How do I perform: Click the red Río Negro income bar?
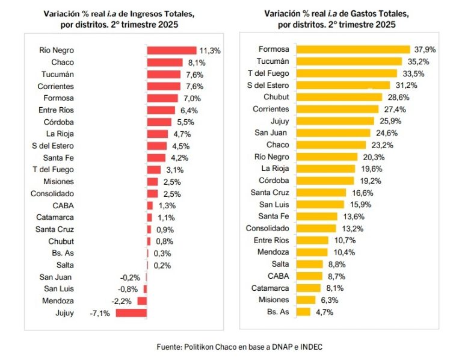[172, 51]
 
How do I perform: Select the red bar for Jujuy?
[131, 312]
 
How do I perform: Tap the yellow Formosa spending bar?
[354, 49]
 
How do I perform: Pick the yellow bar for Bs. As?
[304, 312]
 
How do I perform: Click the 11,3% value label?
[210, 51]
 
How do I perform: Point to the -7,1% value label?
[100, 312]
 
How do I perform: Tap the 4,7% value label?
[324, 312]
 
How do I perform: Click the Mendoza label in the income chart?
[58, 300]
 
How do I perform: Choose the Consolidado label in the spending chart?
[268, 228]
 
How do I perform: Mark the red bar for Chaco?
[165, 62]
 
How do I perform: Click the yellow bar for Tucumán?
[350, 61]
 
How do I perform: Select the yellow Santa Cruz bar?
[321, 193]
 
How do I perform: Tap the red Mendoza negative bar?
[142, 300]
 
